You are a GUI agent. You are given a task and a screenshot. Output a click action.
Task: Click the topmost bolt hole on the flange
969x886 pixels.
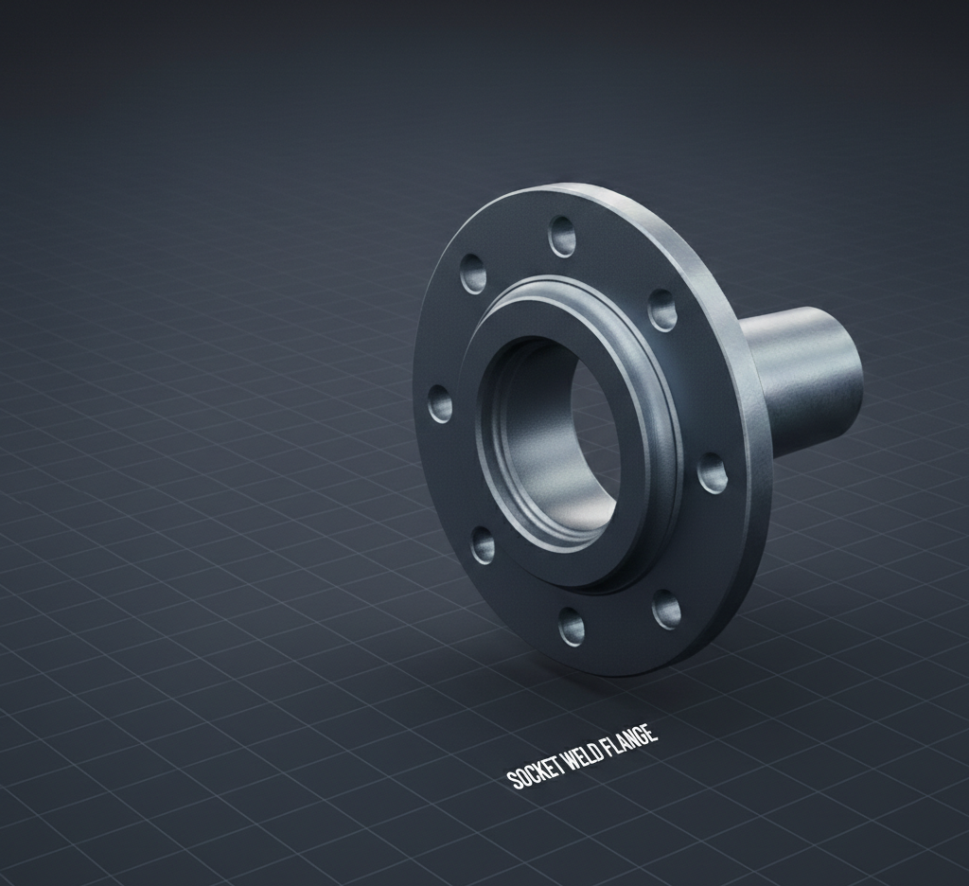coord(562,236)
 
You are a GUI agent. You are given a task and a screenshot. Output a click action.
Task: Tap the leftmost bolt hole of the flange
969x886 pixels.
coord(440,404)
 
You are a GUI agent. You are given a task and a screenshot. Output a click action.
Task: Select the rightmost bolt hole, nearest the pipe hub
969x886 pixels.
coord(712,473)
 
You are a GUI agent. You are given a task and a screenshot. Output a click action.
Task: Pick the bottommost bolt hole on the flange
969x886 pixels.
coord(571,626)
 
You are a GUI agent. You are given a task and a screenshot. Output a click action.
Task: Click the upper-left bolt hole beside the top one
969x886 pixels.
coord(473,274)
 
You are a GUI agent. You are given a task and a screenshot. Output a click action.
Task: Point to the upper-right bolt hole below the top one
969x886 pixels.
coord(661,310)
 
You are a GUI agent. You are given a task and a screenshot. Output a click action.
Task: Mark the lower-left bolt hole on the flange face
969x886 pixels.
coord(483,545)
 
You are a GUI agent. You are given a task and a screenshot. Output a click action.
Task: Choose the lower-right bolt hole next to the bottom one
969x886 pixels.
coord(665,610)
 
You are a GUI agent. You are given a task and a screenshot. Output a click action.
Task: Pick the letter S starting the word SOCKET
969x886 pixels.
coord(515,778)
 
